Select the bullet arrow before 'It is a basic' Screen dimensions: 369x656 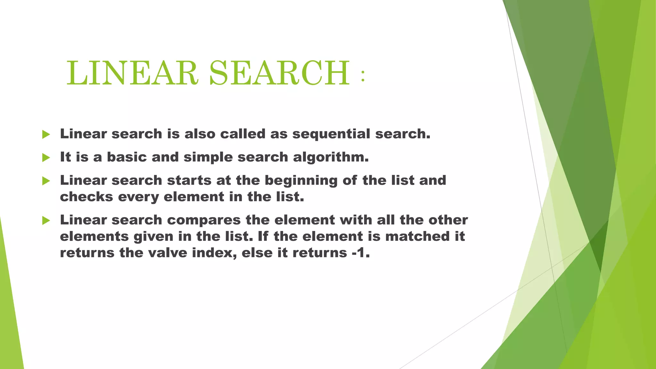46,158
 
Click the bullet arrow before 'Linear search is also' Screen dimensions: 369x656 46,135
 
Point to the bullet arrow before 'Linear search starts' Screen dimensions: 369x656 46,181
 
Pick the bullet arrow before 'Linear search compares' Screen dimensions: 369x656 46,220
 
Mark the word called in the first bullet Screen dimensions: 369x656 243,134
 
